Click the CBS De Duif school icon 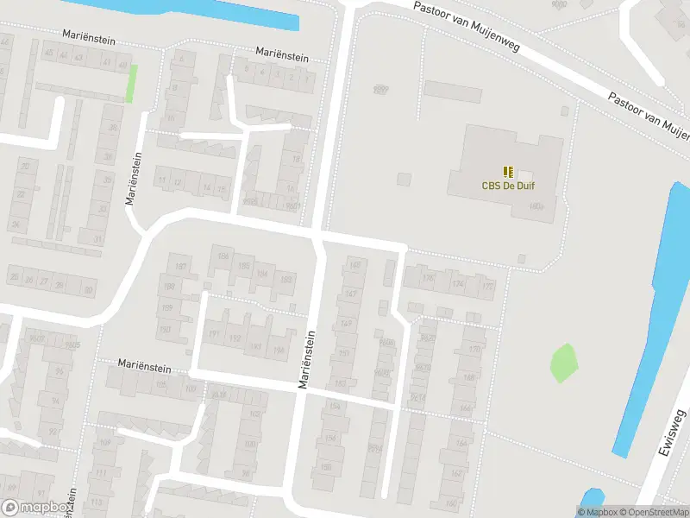508,171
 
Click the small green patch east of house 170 562,362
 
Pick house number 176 429,278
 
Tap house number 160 450,503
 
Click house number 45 49,56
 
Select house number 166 466,407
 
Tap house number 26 29,280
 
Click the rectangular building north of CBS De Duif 452,91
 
